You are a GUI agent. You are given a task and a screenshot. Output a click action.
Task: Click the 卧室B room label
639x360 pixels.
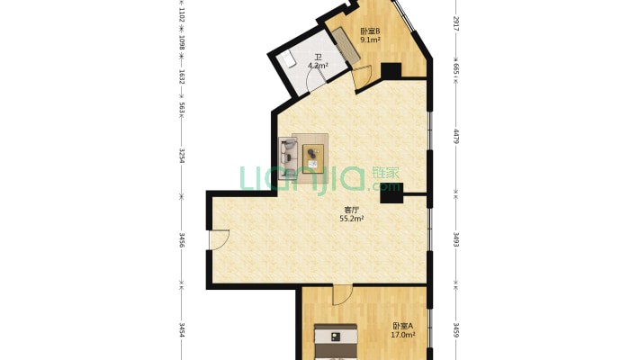click(x=370, y=31)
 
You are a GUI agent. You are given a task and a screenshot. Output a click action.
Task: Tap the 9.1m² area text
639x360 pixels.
click(x=370, y=40)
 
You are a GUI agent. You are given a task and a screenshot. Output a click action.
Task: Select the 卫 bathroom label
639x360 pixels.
click(x=318, y=58)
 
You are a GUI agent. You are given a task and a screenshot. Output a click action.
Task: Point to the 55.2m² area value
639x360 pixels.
click(x=352, y=219)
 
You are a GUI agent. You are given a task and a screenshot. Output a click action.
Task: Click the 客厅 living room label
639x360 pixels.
click(x=352, y=210)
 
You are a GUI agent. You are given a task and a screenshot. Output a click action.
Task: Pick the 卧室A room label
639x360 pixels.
click(x=403, y=326)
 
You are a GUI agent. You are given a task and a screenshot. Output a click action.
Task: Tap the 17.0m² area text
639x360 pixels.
click(x=403, y=335)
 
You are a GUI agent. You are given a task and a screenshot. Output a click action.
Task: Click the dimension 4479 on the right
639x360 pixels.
click(x=456, y=136)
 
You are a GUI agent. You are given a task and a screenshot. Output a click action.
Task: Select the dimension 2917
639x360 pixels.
click(x=456, y=23)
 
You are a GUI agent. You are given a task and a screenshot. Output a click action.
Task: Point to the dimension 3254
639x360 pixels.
click(x=182, y=156)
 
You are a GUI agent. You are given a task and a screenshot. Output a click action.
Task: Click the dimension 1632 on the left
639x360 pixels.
click(x=182, y=76)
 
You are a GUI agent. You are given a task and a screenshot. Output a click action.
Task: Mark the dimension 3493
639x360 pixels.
click(x=456, y=239)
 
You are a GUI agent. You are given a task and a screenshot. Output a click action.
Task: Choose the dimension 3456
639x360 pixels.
click(x=182, y=240)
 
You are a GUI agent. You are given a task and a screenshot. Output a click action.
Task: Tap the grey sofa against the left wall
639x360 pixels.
click(x=288, y=158)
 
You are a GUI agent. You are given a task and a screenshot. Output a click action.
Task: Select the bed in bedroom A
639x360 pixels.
click(x=336, y=342)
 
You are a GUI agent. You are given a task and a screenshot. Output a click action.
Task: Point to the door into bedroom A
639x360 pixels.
click(x=342, y=294)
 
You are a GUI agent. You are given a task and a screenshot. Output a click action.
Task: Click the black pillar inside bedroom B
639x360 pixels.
click(x=391, y=71)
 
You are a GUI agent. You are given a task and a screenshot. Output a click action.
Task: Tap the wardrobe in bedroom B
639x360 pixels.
click(x=346, y=45)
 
